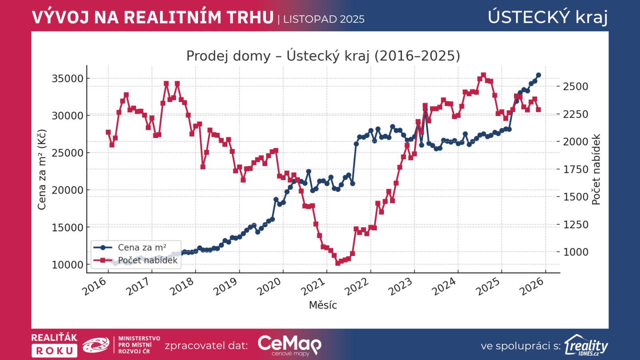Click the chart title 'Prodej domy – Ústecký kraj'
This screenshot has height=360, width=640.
(x=323, y=56)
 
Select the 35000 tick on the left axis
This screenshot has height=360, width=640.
(x=67, y=78)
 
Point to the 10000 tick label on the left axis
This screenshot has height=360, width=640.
(x=67, y=265)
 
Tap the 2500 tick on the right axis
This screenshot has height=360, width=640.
(x=576, y=86)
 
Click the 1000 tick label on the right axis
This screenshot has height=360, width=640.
(x=576, y=252)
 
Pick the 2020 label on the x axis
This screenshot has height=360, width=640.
(x=269, y=287)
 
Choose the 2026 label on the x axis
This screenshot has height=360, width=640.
(x=532, y=287)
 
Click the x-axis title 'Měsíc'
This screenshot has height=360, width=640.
(x=323, y=305)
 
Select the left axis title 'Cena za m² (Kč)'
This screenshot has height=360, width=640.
(x=42, y=169)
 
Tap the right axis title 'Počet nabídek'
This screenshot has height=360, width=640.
(x=596, y=169)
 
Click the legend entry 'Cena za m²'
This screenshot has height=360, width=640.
(x=142, y=248)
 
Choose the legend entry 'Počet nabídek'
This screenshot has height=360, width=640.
(x=148, y=260)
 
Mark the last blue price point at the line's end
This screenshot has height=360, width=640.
(x=538, y=75)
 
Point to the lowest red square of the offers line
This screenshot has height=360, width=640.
(x=338, y=263)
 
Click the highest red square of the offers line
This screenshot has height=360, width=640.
(x=483, y=75)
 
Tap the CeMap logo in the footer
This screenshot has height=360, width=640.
(x=289, y=345)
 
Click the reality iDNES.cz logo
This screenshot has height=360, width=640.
(x=586, y=345)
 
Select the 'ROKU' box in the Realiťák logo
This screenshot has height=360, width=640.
(x=54, y=351)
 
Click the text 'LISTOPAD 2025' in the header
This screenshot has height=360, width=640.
(x=324, y=19)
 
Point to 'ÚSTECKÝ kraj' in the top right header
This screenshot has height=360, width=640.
(x=548, y=17)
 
